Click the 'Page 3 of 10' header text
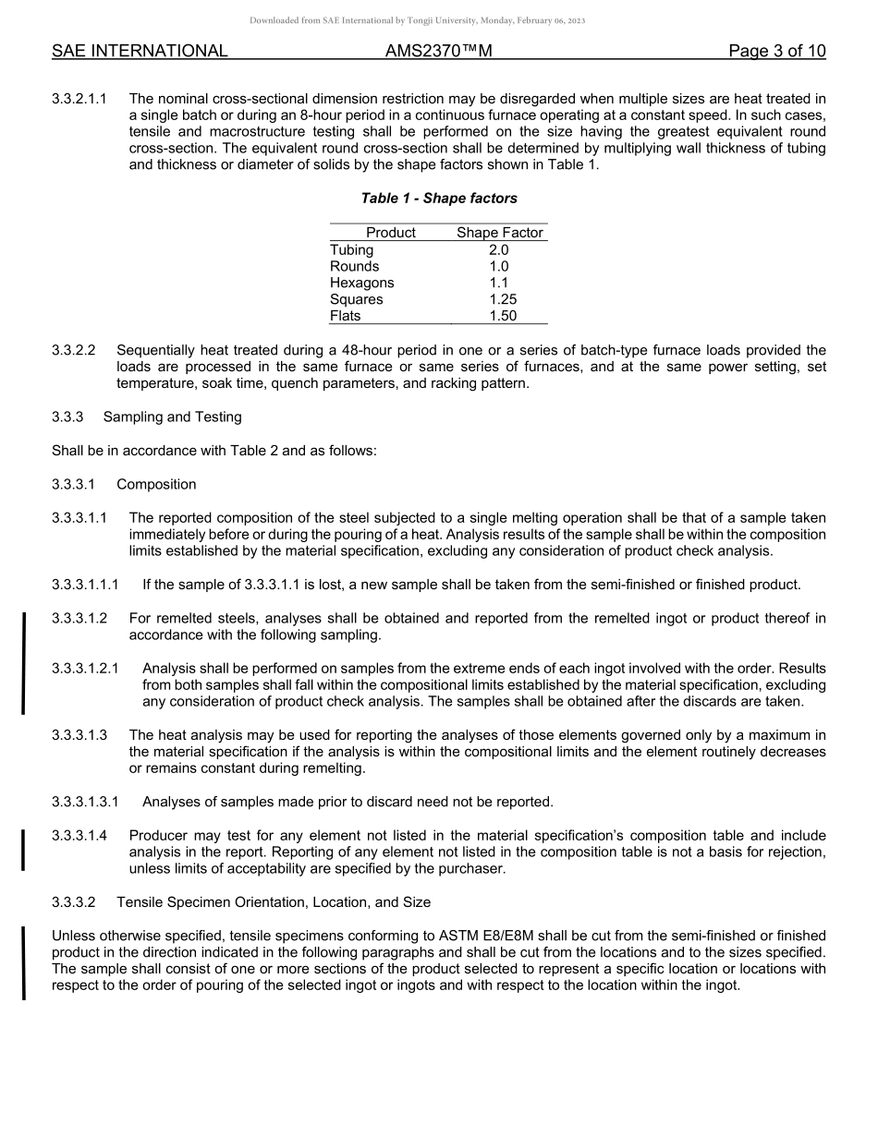coord(776,51)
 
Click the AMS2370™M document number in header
coord(438,51)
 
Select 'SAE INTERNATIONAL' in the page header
coord(140,51)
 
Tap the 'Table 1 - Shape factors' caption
coord(438,199)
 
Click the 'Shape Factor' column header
coord(499,233)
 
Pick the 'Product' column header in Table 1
coord(390,233)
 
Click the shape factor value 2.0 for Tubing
coord(498,249)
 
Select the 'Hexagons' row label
coord(361,283)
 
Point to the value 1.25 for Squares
coord(503,299)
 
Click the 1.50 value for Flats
coord(503,316)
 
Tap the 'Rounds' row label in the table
coord(354,266)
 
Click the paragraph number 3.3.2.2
coord(74,350)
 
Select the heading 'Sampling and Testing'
coord(172,417)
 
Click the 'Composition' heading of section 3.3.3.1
coord(156,484)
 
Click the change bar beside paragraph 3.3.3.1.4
coord(24,851)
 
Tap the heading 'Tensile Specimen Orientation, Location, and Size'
coord(273,901)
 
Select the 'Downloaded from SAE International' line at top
coord(417,20)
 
